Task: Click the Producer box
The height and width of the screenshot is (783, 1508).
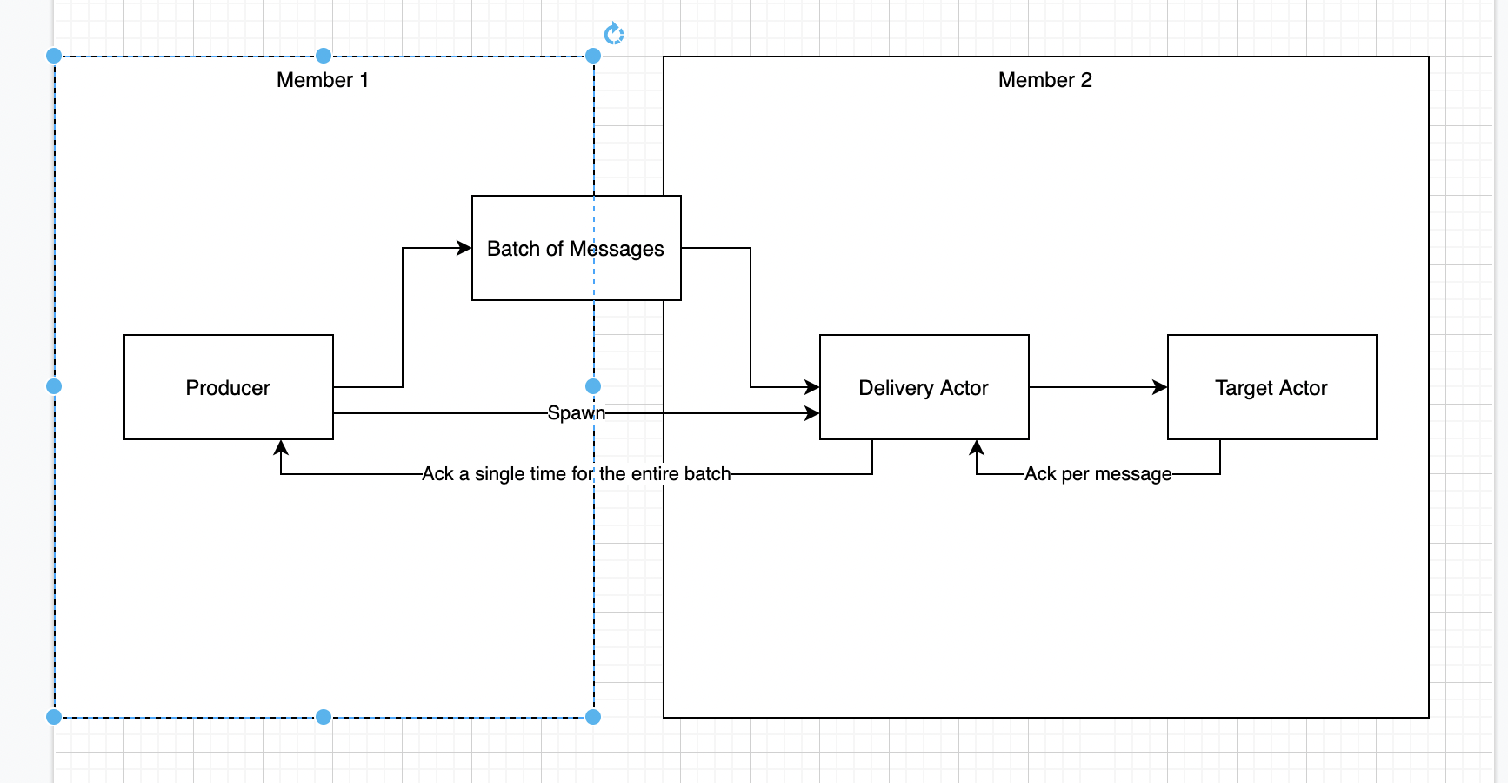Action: point(228,387)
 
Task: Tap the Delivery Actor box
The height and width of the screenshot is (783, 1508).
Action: point(924,387)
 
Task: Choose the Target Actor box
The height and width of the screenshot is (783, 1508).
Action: point(1271,387)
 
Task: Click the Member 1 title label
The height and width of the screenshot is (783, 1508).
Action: point(323,80)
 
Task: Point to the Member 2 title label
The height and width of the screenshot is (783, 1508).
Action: point(1044,80)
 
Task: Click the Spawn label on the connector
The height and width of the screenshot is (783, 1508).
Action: point(576,412)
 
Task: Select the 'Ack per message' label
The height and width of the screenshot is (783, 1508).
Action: point(1098,474)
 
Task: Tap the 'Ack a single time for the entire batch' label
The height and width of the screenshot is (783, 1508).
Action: point(576,474)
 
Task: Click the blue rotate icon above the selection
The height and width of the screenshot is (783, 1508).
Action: point(614,34)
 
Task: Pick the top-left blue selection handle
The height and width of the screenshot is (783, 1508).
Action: point(54,56)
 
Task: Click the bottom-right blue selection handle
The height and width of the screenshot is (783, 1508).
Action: point(593,717)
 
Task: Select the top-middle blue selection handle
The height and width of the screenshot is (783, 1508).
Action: point(324,56)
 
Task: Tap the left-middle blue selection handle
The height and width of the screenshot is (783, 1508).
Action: point(54,386)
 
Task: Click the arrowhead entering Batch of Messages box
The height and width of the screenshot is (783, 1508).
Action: point(464,248)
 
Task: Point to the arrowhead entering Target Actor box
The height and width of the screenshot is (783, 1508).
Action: point(1160,387)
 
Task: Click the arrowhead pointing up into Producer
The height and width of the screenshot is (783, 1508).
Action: point(281,447)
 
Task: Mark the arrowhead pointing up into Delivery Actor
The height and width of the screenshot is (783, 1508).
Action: point(977,447)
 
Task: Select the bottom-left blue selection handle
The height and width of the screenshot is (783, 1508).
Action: point(54,717)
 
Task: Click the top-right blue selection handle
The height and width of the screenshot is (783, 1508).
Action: point(593,56)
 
